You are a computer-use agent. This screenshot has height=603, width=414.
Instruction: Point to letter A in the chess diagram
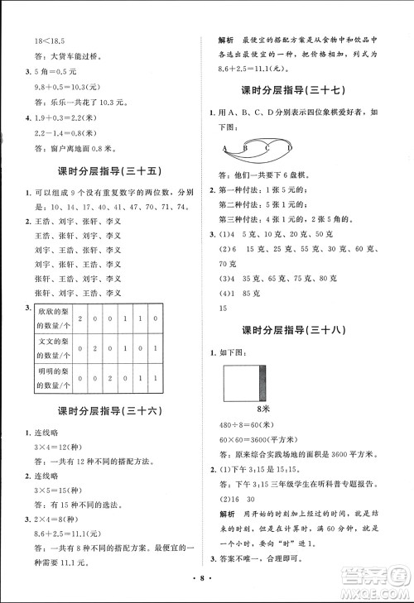[x=224, y=149]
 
